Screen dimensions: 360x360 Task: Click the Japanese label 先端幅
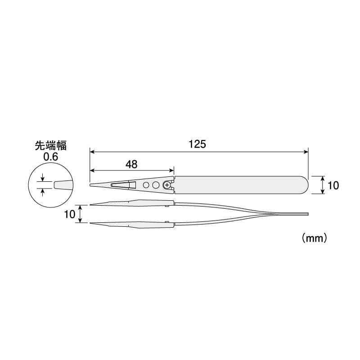tap(51, 145)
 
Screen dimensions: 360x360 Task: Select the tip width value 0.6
tap(51, 157)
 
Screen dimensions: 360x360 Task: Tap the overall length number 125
tap(198, 144)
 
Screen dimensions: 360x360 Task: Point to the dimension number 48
tap(131, 164)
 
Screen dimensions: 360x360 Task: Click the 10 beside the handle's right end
tap(333, 185)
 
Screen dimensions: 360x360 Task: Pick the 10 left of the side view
tap(70, 214)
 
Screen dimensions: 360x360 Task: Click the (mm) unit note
tap(314, 238)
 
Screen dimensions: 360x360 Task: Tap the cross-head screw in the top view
tap(167, 185)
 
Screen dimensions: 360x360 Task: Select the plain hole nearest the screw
tap(156, 185)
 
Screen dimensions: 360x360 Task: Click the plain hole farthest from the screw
tap(146, 185)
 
